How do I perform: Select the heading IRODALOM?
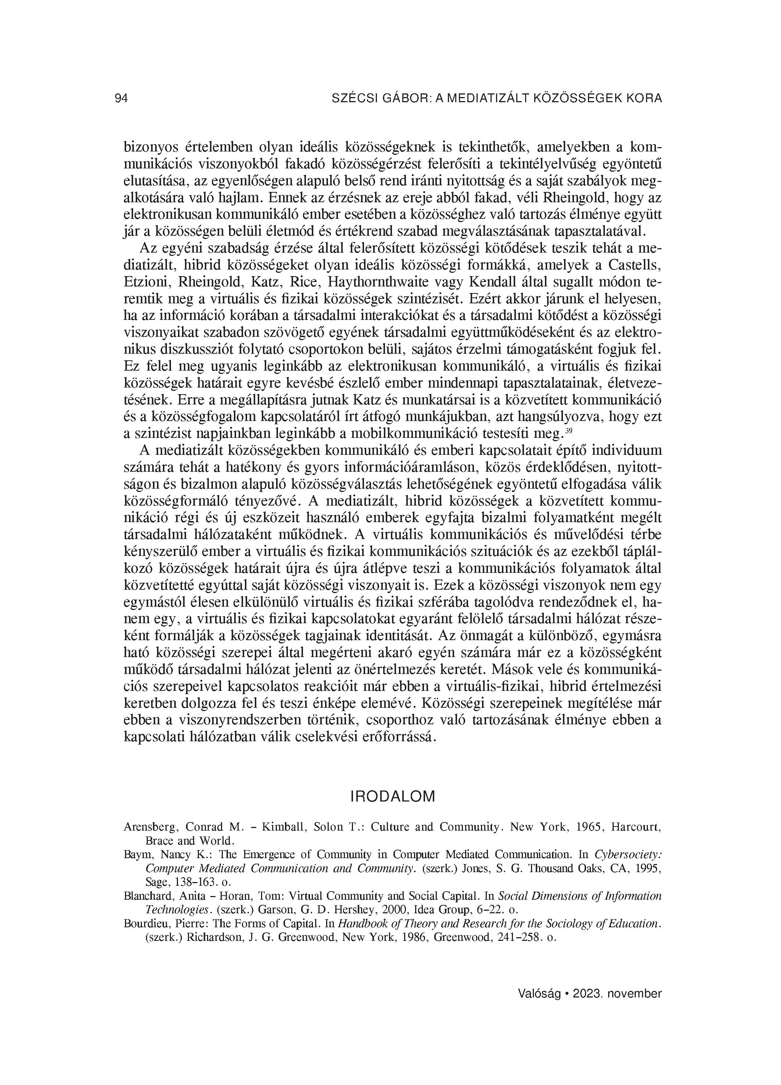[x=393, y=796]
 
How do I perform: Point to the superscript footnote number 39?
[x=569, y=431]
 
